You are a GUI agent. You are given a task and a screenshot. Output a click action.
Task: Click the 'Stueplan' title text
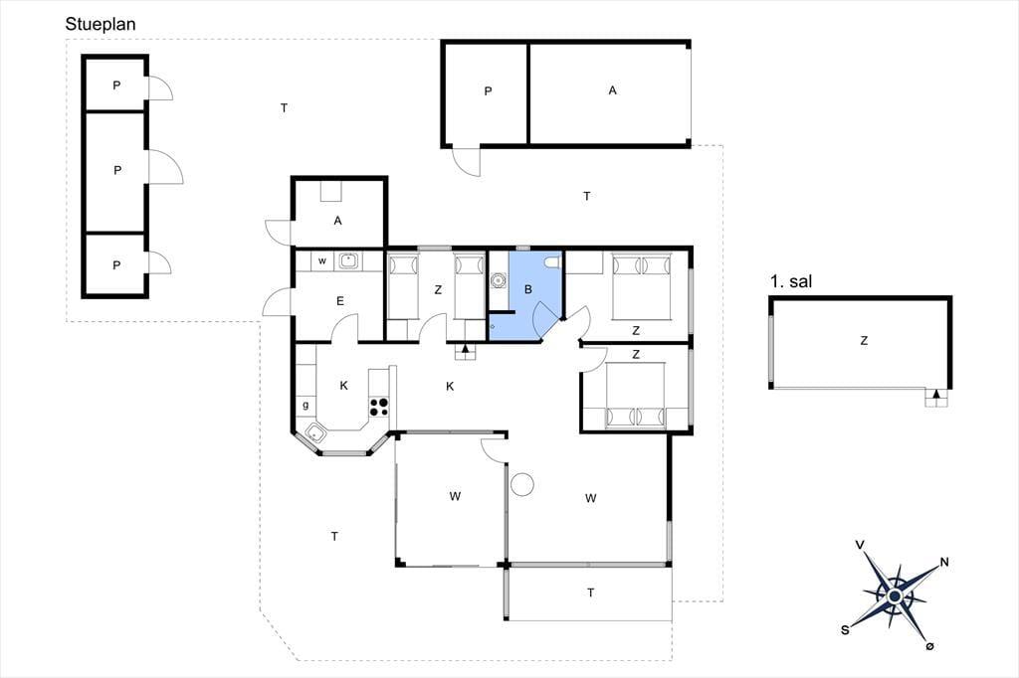pyautogui.click(x=101, y=25)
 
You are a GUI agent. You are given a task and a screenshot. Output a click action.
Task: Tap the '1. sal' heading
pyautogui.click(x=791, y=281)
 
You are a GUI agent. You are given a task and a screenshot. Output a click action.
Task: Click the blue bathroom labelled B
pyautogui.click(x=525, y=295)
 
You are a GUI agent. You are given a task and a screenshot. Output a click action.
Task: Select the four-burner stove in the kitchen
pyautogui.click(x=379, y=407)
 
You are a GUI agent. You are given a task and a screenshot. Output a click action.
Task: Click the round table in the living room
pyautogui.click(x=521, y=484)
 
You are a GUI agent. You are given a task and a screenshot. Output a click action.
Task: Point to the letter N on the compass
pyautogui.click(x=944, y=562)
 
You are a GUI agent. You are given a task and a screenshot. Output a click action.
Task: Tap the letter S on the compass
pyautogui.click(x=845, y=629)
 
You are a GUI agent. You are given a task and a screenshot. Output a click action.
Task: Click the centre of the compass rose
pyautogui.click(x=895, y=596)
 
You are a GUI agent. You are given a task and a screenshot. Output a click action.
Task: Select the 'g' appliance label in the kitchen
pyautogui.click(x=306, y=406)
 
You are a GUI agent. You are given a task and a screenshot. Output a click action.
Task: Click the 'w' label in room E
pyautogui.click(x=321, y=261)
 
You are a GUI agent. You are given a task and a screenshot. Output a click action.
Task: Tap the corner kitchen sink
pyautogui.click(x=315, y=432)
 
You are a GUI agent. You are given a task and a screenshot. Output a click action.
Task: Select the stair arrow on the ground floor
pyautogui.click(x=466, y=349)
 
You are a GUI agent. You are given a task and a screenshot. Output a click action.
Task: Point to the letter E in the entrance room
pyautogui.click(x=340, y=300)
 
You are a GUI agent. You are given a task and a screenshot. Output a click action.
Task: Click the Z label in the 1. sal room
pyautogui.click(x=864, y=340)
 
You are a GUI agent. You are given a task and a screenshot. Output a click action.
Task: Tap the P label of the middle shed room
pyautogui.click(x=117, y=170)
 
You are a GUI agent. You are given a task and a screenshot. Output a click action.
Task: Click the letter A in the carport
pyautogui.click(x=612, y=90)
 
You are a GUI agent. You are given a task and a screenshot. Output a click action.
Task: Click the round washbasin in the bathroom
pyautogui.click(x=499, y=281)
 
